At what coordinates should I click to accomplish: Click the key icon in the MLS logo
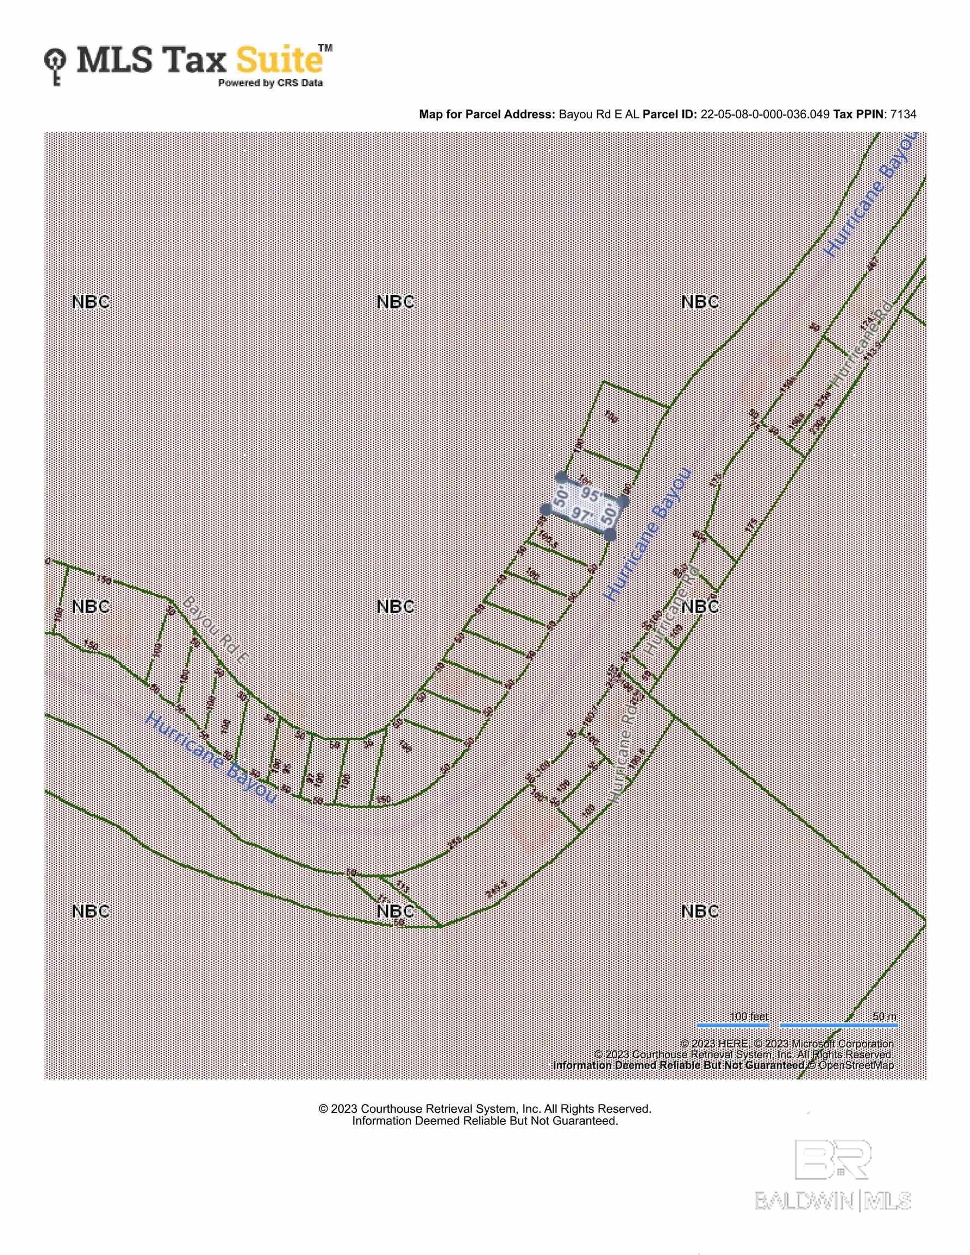coord(55,66)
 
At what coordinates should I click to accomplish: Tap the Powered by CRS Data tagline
coord(270,83)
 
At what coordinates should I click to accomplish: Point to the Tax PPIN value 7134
coord(903,114)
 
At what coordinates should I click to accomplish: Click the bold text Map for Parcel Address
coord(487,114)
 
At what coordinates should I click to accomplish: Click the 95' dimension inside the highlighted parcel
coord(591,495)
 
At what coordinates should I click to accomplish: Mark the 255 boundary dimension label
coord(455,843)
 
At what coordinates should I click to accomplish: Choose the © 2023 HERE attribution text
coord(713,1044)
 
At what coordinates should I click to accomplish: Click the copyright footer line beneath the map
coord(484,1108)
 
